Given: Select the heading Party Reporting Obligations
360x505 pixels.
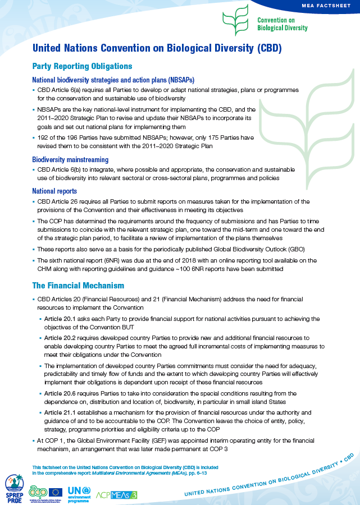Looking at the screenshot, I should click(82, 66).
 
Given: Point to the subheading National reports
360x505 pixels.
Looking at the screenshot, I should click(56, 191).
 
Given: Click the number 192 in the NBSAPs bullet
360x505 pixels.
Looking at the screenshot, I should click(43, 137).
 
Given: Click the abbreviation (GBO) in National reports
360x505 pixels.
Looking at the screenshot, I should click(293, 249).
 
